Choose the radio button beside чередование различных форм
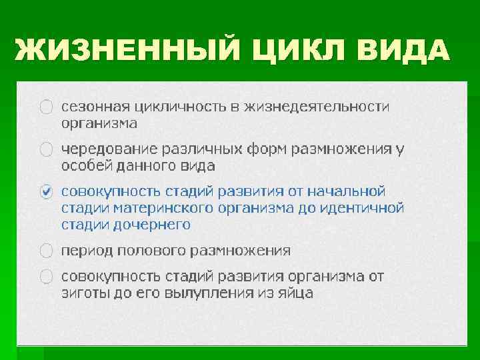tap(46, 149)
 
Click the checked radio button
tap(46, 191)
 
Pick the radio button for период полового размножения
tap(46, 251)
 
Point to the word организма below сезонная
tap(99, 123)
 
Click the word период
tap(85, 251)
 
